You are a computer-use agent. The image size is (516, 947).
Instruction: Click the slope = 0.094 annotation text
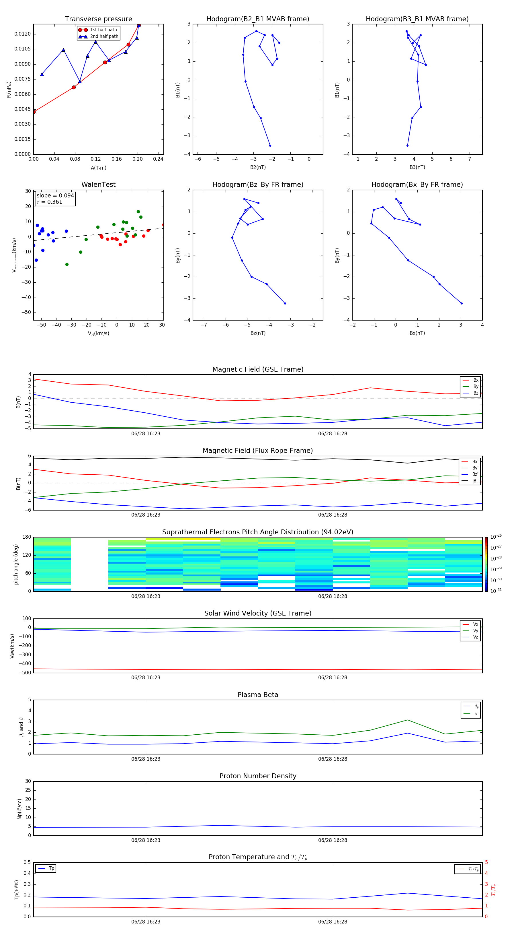click(x=55, y=196)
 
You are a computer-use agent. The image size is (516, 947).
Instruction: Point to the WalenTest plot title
click(x=98, y=185)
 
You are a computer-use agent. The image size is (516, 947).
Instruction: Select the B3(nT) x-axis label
click(x=417, y=167)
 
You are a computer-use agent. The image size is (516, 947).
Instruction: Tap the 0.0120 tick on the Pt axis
click(x=22, y=34)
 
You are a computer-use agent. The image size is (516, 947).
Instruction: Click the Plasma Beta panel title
click(x=258, y=695)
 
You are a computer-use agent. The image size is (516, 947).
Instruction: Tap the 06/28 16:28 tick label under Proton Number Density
click(x=332, y=840)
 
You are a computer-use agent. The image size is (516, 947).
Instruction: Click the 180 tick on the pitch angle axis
click(x=27, y=537)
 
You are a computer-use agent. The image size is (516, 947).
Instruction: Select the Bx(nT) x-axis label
click(x=417, y=333)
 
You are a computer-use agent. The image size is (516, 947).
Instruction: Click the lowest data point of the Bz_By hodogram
click(x=285, y=303)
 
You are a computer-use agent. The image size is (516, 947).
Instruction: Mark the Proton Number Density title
click(x=258, y=776)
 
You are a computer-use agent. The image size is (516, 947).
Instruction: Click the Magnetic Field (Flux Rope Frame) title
click(x=258, y=451)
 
